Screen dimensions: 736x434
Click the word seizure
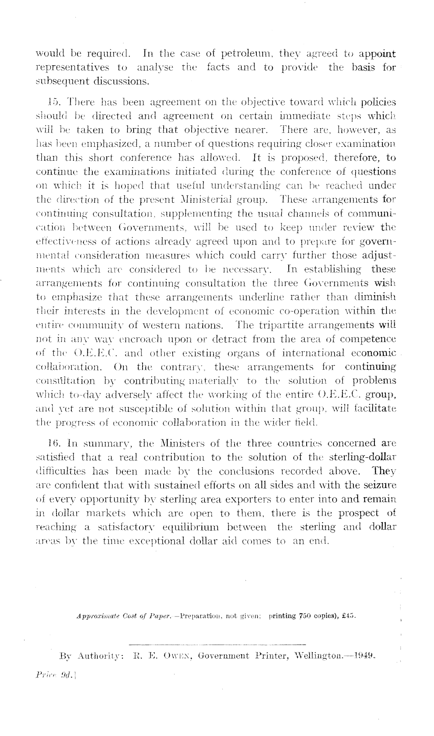coord(379,485)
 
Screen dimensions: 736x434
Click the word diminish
coord(375,297)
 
